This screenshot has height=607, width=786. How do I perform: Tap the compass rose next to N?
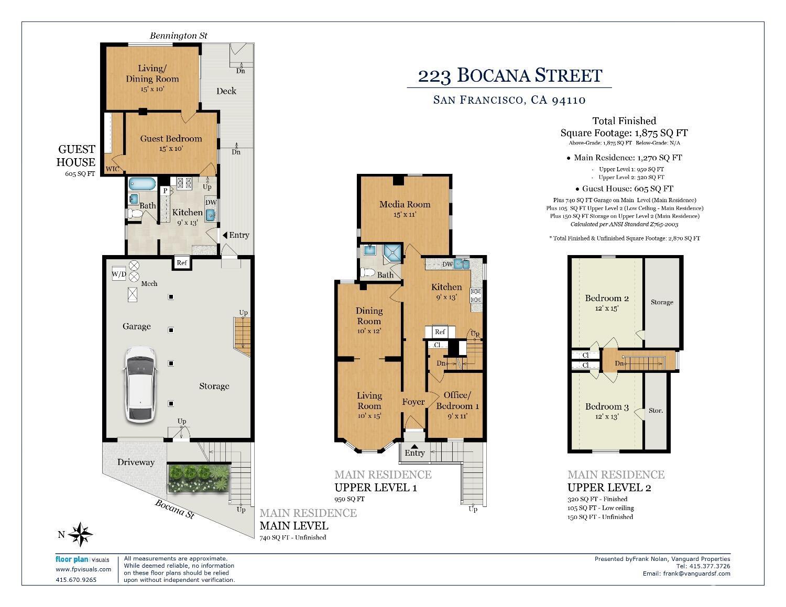(81, 534)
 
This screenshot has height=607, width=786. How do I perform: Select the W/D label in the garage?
(118, 274)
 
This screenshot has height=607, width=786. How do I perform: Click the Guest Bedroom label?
(171, 139)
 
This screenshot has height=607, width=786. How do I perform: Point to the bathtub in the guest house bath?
(142, 184)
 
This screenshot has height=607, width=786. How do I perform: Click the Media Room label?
(405, 204)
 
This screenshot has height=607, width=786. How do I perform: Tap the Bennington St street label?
(179, 36)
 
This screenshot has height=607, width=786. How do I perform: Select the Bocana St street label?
(174, 508)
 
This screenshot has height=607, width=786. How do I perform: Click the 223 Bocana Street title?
(509, 75)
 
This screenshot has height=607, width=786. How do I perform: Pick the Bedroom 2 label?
(607, 299)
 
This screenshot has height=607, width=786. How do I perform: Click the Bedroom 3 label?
(607, 406)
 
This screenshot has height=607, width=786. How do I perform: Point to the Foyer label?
(413, 402)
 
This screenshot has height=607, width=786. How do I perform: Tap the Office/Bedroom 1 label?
(457, 401)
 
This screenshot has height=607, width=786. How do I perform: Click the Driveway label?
(136, 462)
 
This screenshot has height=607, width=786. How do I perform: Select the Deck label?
(226, 91)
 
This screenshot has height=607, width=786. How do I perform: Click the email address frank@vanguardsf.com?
(696, 573)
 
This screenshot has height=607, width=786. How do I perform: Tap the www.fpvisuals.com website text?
(83, 569)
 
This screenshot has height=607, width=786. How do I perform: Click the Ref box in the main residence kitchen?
(440, 332)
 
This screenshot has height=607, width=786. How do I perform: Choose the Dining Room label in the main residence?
(369, 316)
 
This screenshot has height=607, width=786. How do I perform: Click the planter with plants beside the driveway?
(199, 478)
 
